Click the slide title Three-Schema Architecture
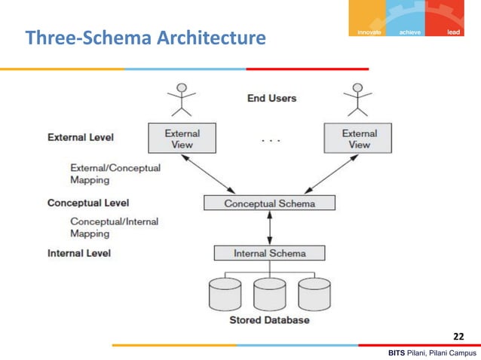(146, 37)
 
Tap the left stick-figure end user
(181, 99)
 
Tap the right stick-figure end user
(358, 99)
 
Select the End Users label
(271, 98)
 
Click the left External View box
(182, 139)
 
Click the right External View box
(359, 139)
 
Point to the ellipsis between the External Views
(270, 140)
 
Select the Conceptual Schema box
(270, 204)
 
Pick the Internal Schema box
(269, 253)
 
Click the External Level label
(81, 138)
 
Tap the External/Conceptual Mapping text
(115, 174)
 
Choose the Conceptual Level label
(87, 203)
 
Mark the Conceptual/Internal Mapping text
(113, 227)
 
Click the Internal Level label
(79, 253)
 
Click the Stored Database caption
(269, 320)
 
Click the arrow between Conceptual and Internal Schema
(269, 228)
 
